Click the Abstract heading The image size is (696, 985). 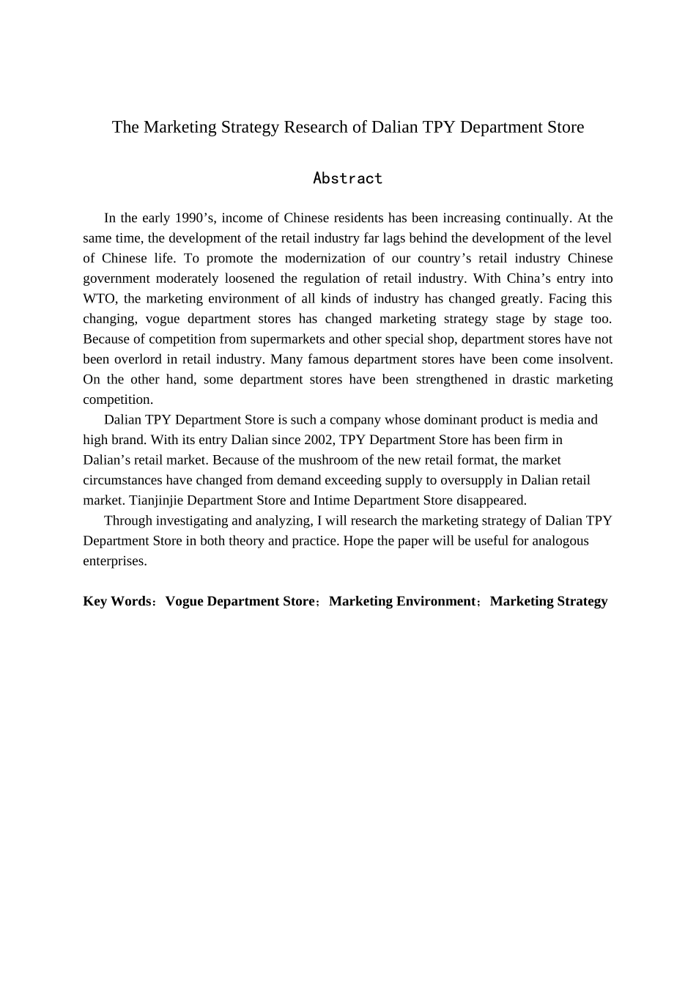click(347, 178)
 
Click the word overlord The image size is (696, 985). click(137, 359)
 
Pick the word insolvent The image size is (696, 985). click(585, 359)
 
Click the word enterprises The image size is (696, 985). click(114, 561)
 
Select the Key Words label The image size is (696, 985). click(116, 601)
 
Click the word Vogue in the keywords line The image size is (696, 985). click(184, 601)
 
